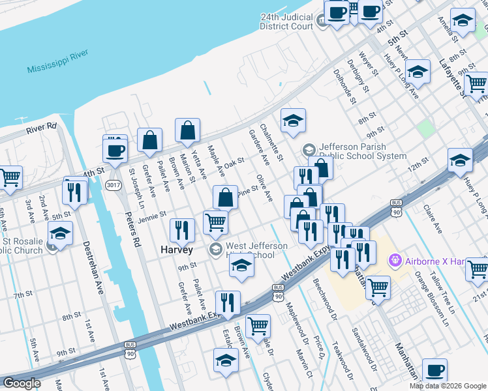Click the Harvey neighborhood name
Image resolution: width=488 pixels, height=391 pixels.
(x=177, y=250)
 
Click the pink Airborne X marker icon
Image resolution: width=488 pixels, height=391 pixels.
(x=394, y=261)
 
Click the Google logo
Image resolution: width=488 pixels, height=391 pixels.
(x=22, y=383)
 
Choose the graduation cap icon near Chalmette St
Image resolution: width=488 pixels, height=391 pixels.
(x=294, y=121)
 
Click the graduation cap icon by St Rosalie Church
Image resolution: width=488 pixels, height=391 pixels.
(x=60, y=233)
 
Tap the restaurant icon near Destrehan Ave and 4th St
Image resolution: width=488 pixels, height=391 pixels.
(x=74, y=192)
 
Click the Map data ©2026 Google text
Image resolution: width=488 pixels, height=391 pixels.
(x=447, y=386)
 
